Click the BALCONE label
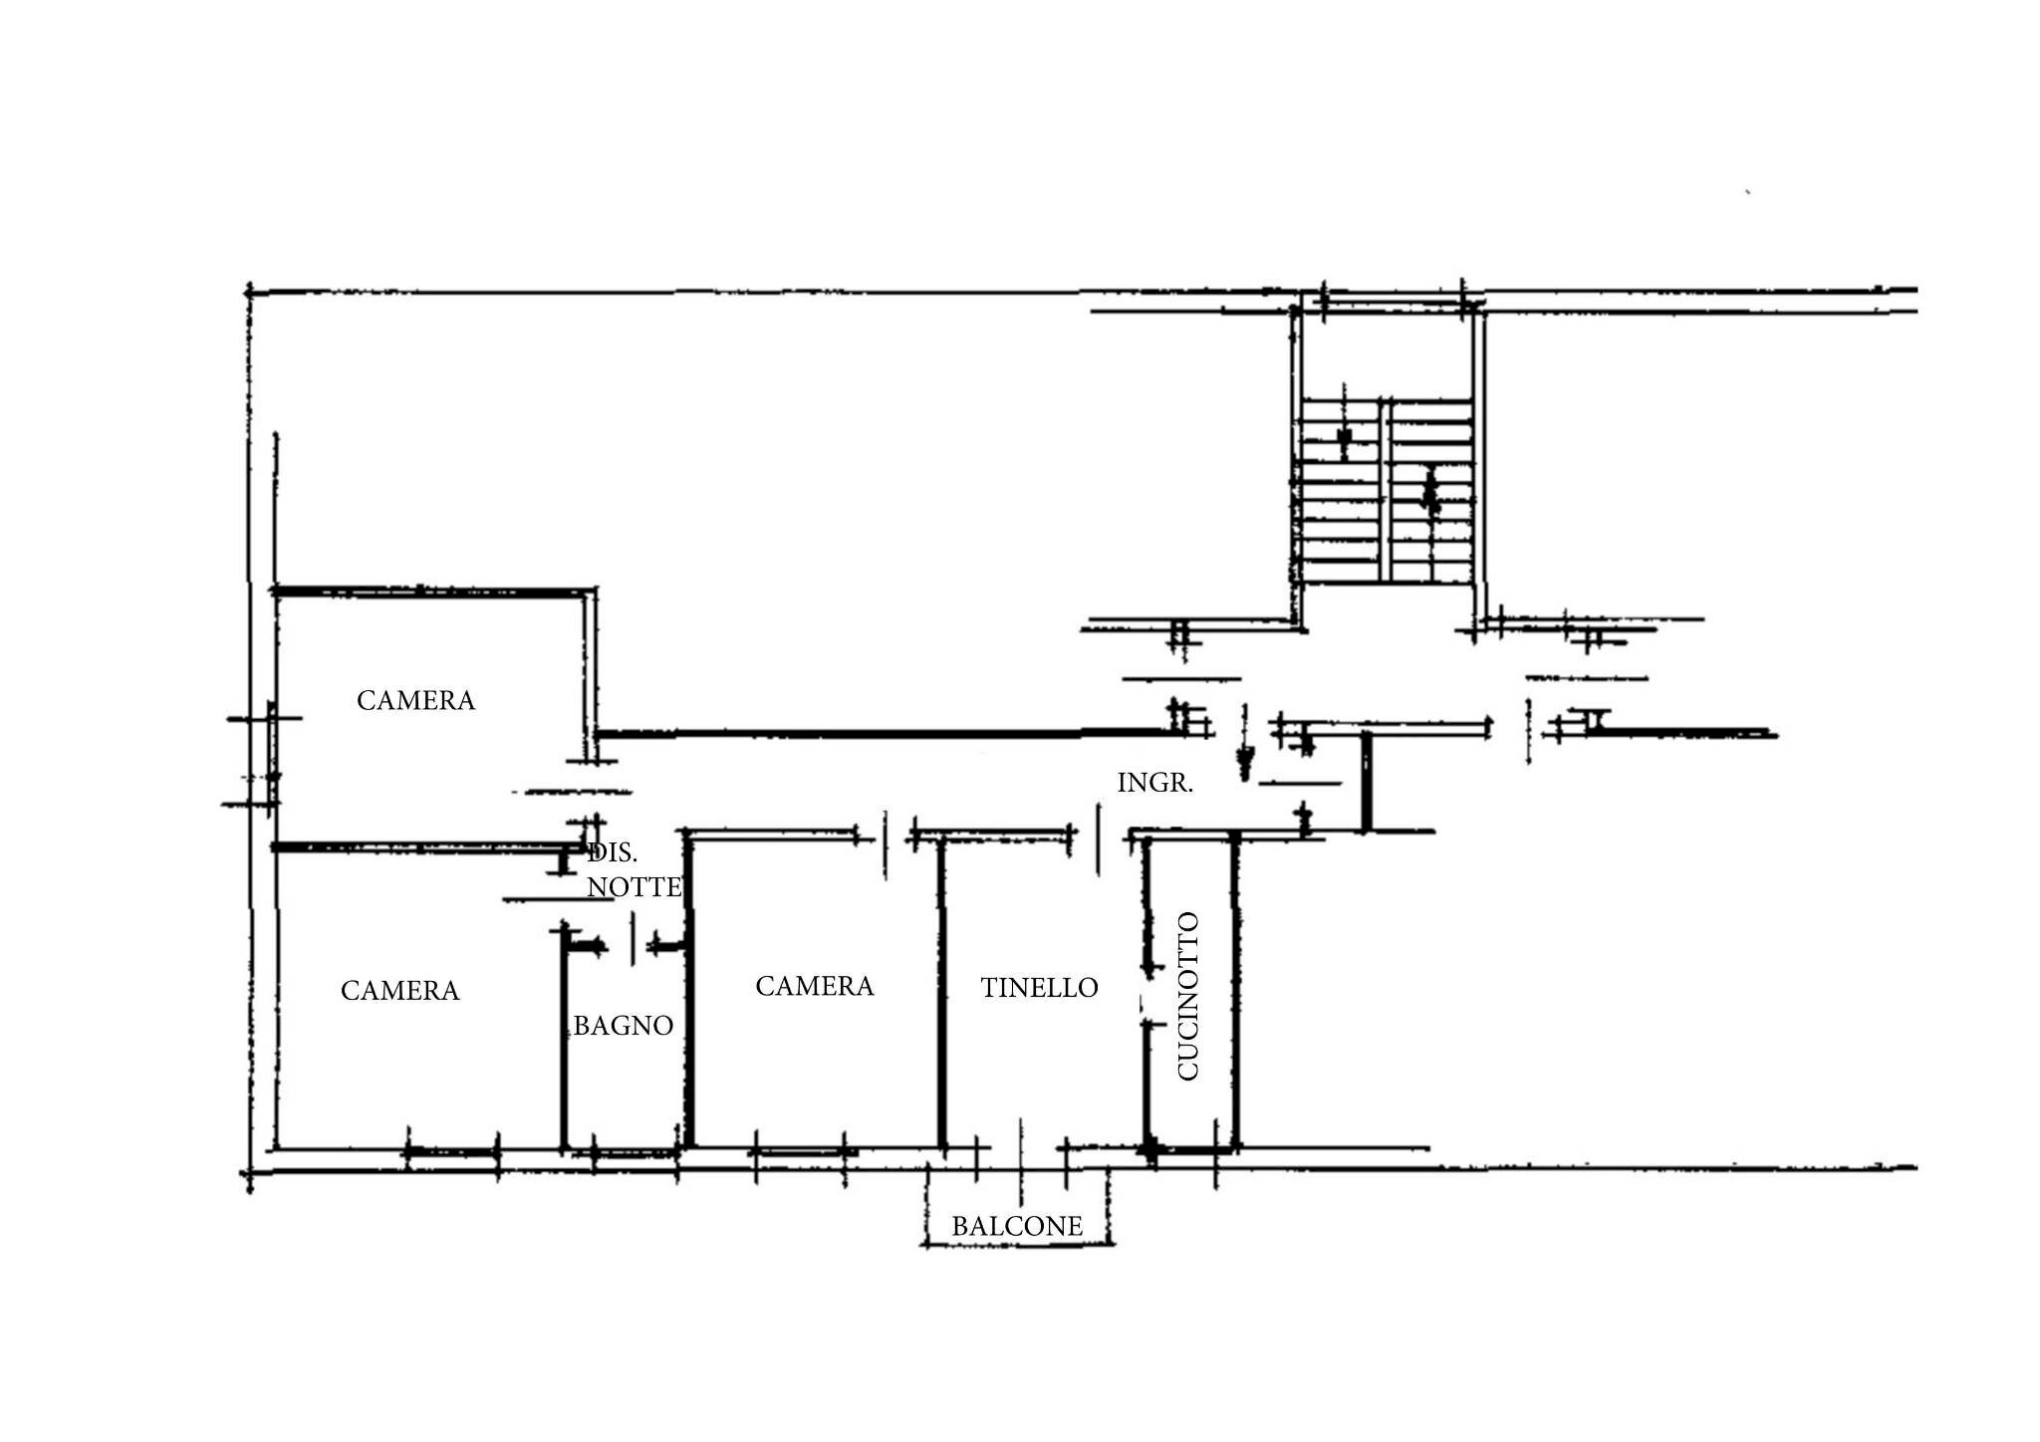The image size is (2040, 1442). point(1017,1226)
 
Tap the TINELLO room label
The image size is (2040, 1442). point(1039,987)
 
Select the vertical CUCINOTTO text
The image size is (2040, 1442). point(1188,996)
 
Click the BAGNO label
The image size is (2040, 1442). point(624,1025)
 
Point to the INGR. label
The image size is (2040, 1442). point(1154,783)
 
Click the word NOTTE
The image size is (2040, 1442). point(635,886)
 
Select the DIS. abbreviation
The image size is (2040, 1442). point(613,852)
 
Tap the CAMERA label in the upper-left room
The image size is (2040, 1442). point(415,700)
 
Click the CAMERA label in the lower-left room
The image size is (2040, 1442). point(399,990)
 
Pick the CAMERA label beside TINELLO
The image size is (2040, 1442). point(814,986)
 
